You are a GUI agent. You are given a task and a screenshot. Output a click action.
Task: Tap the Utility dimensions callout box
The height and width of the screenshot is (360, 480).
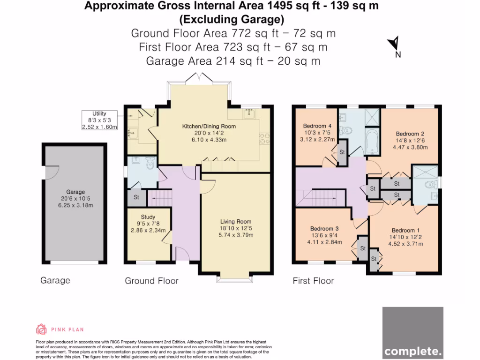pyautogui.click(x=99, y=120)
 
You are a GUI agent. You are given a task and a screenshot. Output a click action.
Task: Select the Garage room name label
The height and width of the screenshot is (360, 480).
pyautogui.click(x=75, y=192)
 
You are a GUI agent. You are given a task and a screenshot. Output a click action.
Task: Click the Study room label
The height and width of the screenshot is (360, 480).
pyautogui.click(x=148, y=217)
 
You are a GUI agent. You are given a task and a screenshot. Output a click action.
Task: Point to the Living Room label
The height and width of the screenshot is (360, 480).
pyautogui.click(x=236, y=221)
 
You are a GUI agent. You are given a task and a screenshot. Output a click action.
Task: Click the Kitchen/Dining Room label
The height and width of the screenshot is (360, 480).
pyautogui.click(x=209, y=127)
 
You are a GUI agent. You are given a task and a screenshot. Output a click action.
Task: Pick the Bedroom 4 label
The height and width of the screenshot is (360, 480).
pyautogui.click(x=318, y=126)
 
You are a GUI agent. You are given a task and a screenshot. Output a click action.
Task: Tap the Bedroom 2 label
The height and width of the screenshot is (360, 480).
pyautogui.click(x=410, y=134)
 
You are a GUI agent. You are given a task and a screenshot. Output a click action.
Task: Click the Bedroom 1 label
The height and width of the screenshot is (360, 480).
pyautogui.click(x=406, y=230)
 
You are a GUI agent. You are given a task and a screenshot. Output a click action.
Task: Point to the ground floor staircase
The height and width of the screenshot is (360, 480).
pyautogui.click(x=160, y=197)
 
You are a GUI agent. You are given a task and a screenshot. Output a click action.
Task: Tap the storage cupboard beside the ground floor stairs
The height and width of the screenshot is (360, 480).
pyautogui.click(x=136, y=197)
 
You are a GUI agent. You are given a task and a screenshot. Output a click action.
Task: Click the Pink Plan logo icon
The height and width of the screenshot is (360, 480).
pyautogui.click(x=41, y=329)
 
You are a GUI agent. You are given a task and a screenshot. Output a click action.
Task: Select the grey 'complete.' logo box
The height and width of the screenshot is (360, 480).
pyautogui.click(x=412, y=332)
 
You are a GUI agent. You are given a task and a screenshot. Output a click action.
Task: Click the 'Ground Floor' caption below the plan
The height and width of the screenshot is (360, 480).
pyautogui.click(x=151, y=281)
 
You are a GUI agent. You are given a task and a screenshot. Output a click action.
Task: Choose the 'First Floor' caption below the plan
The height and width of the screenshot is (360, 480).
pyautogui.click(x=313, y=281)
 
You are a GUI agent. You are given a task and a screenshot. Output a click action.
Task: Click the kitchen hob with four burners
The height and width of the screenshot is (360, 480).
pyautogui.click(x=264, y=138)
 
